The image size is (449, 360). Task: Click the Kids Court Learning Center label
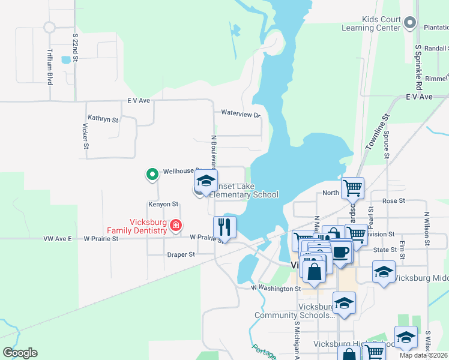coord(371,23)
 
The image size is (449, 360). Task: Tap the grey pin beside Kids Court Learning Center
coord(411,23)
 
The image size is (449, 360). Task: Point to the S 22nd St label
coord(76,46)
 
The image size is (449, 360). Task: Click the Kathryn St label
coord(103,119)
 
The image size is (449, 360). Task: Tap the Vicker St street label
coord(86,137)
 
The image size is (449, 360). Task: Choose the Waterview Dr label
coord(240,113)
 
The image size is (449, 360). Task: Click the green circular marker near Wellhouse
coord(152,175)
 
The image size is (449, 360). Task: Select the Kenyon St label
coord(163,205)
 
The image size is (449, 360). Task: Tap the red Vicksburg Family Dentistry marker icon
coord(176,226)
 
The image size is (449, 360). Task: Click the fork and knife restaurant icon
coord(224,227)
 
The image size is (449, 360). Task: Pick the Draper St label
coord(181,254)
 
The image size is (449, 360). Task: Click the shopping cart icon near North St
coord(352,187)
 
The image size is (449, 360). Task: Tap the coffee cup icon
coord(341,251)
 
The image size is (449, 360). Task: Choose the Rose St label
coord(394,201)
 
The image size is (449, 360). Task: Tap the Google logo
coord(20,353)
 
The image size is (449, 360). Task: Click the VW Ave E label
coord(58,239)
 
